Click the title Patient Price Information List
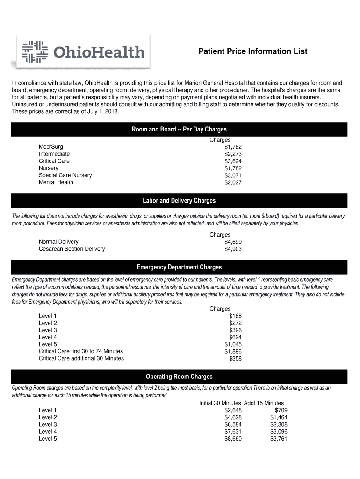click(253, 51)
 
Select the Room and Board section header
click(179, 129)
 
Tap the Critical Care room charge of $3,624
click(233, 161)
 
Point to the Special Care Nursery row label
click(65, 175)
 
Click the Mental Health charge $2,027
click(233, 182)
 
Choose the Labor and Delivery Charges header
click(179, 201)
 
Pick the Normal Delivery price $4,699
click(233, 242)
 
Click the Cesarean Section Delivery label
click(72, 249)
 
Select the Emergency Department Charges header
click(179, 267)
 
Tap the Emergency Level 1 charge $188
click(235, 316)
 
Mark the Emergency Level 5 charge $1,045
click(233, 344)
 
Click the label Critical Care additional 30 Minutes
click(81, 358)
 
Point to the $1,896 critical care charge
click(233, 351)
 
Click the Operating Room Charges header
click(179, 377)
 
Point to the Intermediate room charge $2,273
click(233, 154)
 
